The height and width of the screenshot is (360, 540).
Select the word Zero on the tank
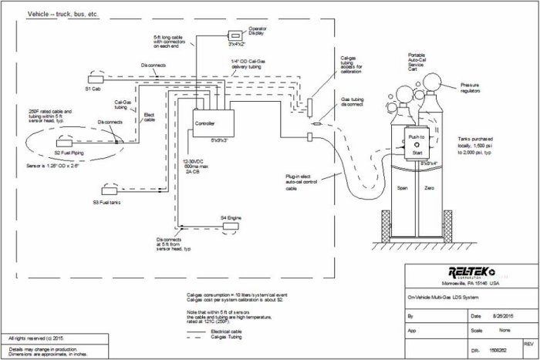coord(429,188)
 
